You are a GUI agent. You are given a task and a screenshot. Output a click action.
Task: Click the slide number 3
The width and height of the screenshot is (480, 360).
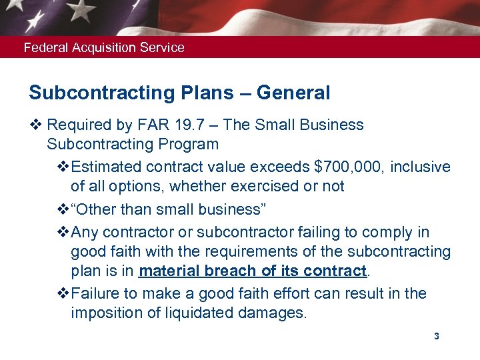click(436, 336)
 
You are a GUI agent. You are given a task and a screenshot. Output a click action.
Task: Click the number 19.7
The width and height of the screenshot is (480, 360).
click(203, 125)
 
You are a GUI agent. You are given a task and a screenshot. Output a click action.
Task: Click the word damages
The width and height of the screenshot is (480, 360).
click(273, 313)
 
